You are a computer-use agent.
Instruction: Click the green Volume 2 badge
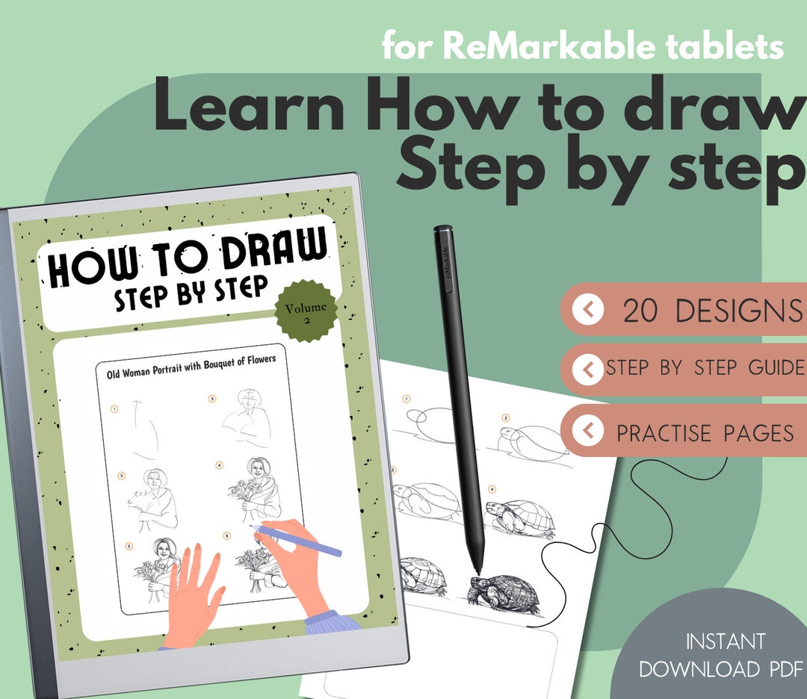(x=306, y=311)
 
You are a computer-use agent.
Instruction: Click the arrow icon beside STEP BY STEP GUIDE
(x=589, y=368)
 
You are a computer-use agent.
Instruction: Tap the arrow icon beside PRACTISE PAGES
(x=589, y=431)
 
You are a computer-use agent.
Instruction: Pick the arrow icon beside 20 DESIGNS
(x=589, y=309)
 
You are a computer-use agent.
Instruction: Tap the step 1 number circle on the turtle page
(x=406, y=400)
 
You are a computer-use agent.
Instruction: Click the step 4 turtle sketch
(x=521, y=518)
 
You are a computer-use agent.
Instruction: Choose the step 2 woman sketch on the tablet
(x=245, y=422)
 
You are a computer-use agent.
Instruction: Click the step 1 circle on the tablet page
(x=114, y=408)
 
